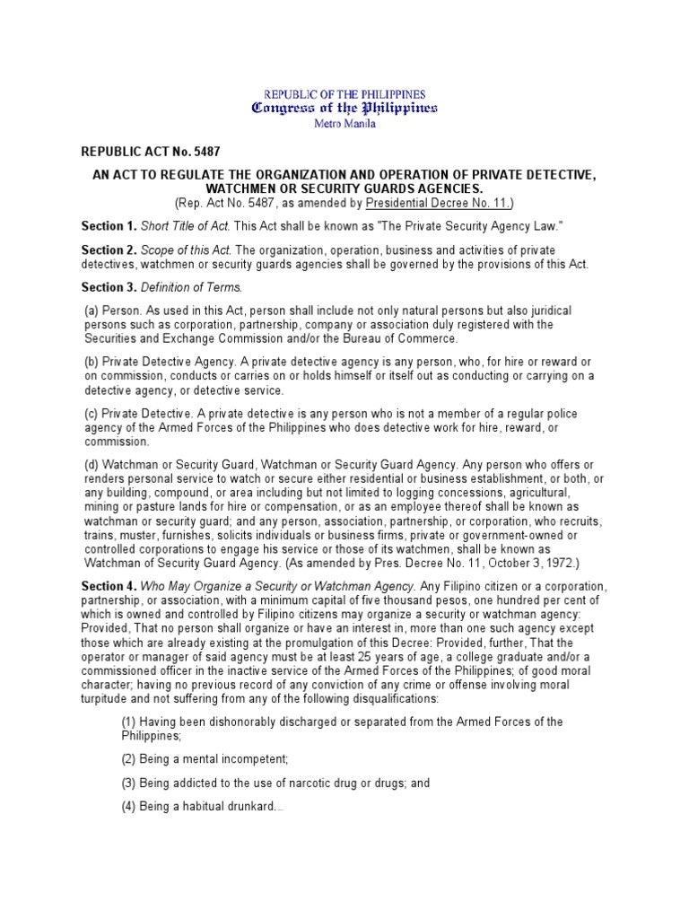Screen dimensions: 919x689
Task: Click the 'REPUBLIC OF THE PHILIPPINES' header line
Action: (x=344, y=93)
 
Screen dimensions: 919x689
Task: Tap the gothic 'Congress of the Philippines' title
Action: (x=344, y=109)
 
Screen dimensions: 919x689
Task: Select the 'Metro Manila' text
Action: (x=344, y=124)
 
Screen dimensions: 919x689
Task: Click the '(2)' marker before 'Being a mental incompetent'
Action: (x=129, y=758)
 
